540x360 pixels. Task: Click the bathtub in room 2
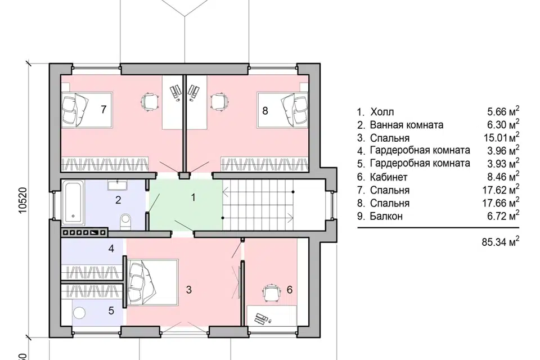[x=73, y=203]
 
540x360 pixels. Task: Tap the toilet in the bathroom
[x=126, y=222]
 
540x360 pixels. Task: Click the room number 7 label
[x=103, y=109]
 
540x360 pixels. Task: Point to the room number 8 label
[x=265, y=111]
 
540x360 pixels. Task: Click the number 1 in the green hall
[x=193, y=197]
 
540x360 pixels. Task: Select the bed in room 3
[x=152, y=282]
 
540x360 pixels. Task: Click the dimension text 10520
[x=22, y=200]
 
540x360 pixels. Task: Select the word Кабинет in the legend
[x=389, y=177]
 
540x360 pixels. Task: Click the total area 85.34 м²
[x=501, y=241]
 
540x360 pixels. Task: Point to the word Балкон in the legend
[x=386, y=217]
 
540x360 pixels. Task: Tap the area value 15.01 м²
[x=501, y=137]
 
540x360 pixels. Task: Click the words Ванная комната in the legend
[x=406, y=125]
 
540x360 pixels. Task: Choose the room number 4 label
[x=111, y=248]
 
